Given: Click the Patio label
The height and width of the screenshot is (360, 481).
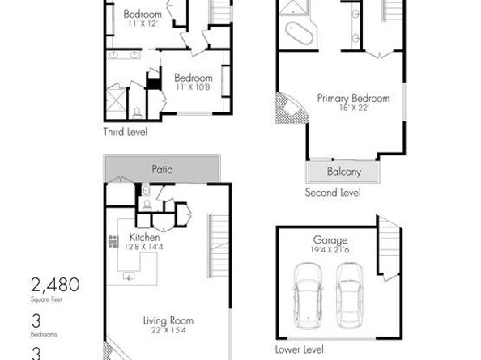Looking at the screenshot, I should click(163, 170).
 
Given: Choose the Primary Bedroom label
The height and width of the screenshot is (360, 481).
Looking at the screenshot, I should click(353, 98).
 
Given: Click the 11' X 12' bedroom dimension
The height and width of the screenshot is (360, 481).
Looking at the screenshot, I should click(143, 24).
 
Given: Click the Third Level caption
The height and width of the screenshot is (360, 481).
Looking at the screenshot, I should click(125, 131).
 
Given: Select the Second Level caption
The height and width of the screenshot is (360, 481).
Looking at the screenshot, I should click(332, 193).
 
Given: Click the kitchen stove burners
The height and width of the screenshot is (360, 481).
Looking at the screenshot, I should click(113, 240).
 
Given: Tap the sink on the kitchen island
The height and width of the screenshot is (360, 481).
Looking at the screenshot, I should click(129, 276).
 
